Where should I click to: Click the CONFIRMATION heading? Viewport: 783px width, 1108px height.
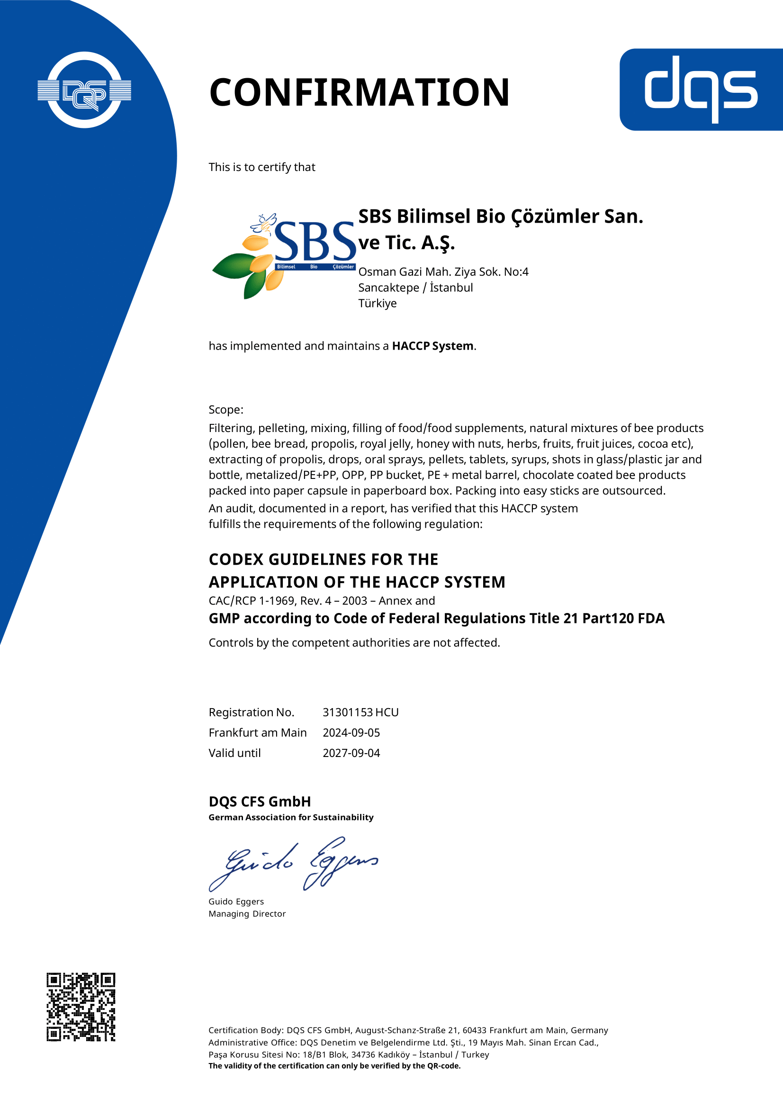point(359,92)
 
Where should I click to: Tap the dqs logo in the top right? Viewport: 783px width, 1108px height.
point(701,90)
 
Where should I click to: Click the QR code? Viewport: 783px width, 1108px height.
point(81,1007)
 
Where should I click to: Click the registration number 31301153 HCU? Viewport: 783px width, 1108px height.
point(360,712)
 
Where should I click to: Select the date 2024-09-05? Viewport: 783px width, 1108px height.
point(351,732)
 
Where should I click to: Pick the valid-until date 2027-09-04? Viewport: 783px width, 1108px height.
point(351,753)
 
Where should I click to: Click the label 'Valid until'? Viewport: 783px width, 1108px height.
point(234,753)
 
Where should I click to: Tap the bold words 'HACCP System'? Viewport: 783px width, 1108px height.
point(432,346)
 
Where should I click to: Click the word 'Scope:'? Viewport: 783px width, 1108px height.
point(226,410)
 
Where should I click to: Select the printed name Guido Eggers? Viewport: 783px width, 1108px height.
point(236,901)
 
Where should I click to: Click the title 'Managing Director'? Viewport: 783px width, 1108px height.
point(247,913)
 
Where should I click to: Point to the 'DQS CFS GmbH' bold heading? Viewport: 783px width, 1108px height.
point(260,802)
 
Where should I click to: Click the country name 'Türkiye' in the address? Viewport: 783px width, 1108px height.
point(377,303)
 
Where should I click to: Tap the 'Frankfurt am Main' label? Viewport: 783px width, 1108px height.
point(258,732)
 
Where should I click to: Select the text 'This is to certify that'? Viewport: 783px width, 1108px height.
point(262,167)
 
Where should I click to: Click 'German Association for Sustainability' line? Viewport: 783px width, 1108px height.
point(291,817)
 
